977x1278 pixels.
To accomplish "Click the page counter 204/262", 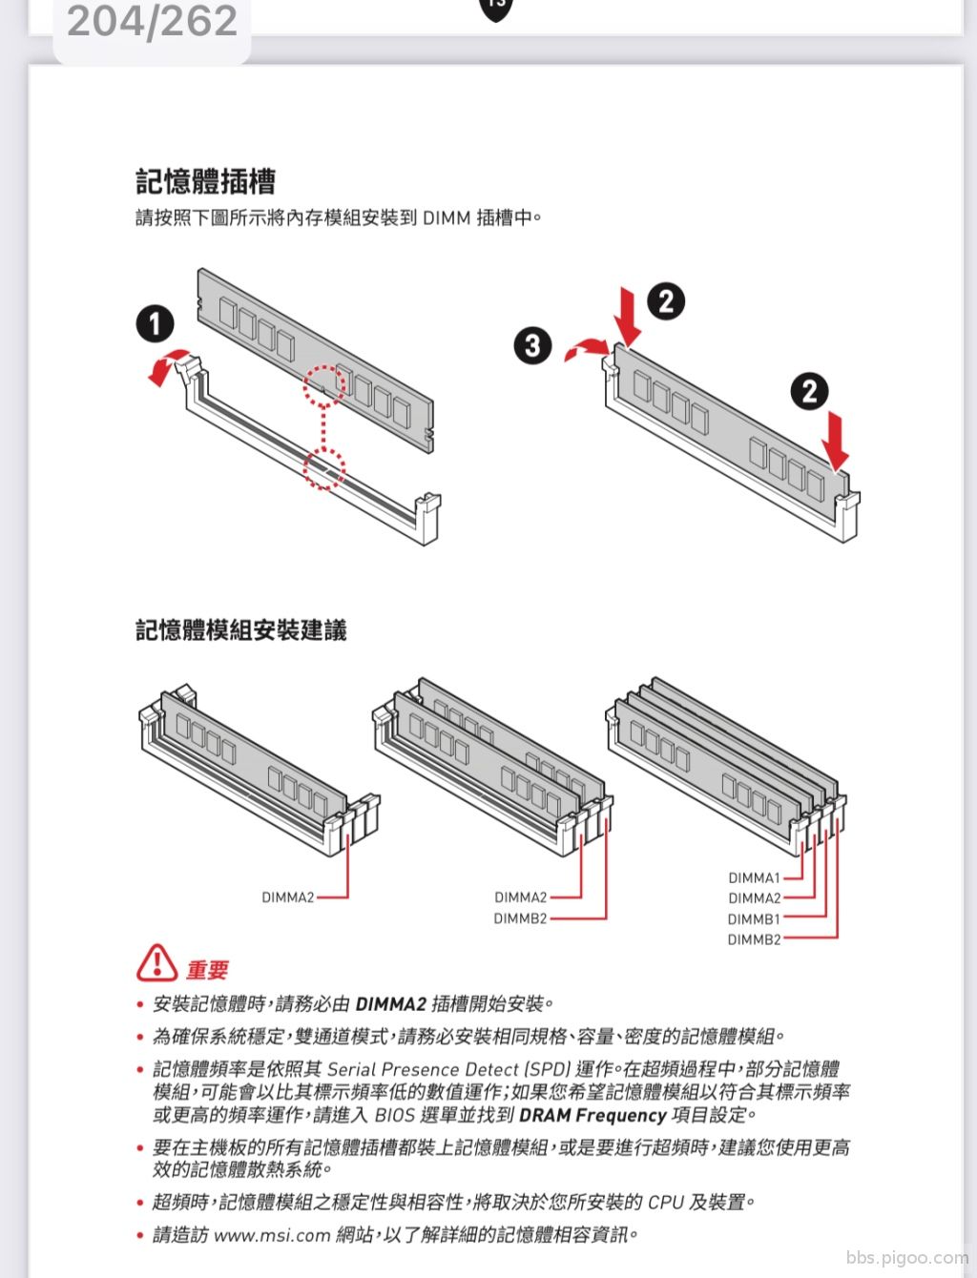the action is coord(152,22).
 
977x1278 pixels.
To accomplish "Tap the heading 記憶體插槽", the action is coord(205,181).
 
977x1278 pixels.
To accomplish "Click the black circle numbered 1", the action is coord(155,324).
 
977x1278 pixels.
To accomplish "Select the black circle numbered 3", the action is coord(532,345).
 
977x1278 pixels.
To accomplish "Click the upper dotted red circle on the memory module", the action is coord(323,385).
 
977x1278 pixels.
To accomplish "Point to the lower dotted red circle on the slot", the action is coord(323,468).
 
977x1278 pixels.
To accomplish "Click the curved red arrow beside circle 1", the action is coord(166,365).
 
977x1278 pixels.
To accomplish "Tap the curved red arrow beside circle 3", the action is coord(588,347).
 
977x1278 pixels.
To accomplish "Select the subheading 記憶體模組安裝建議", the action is coord(241,630).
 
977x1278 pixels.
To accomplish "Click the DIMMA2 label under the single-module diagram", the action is coord(287,897).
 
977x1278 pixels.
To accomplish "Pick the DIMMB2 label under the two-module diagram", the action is coord(521,918).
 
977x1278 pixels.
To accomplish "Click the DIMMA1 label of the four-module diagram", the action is coord(754,877).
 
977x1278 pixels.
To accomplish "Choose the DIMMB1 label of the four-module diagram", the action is coord(754,919).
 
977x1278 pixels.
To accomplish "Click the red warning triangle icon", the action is coord(156,963).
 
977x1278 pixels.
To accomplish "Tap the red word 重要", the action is coord(207,970).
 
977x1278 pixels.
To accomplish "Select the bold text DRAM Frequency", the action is coord(592,1116).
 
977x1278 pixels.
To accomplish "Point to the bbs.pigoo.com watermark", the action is coord(907,1258).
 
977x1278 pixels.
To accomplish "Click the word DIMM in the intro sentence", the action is coord(447,218).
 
